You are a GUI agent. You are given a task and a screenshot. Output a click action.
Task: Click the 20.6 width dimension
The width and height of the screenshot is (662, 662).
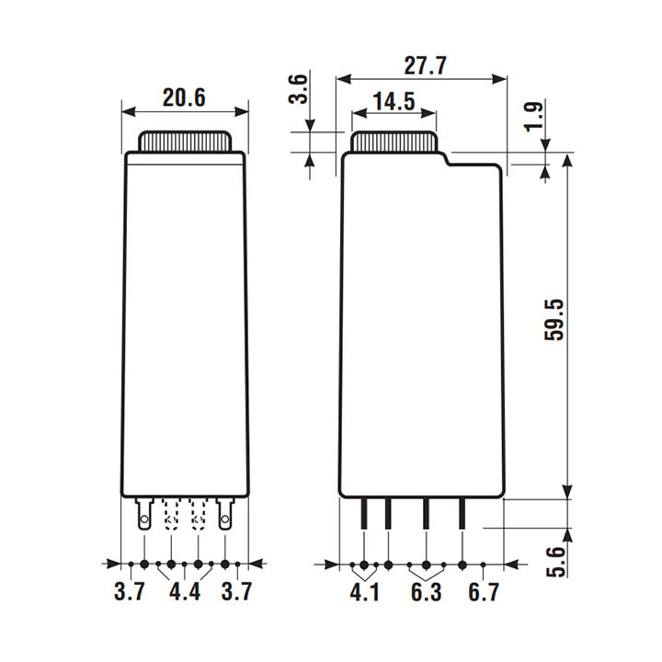point(184,97)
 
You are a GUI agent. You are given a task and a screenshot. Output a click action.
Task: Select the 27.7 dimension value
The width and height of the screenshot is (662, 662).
point(425,65)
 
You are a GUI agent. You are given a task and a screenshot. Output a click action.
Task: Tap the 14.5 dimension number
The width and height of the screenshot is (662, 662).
point(394,101)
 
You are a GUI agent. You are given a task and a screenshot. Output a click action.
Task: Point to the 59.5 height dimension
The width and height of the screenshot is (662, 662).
point(554,320)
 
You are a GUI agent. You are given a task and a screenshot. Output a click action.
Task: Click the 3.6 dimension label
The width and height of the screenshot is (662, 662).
point(298,88)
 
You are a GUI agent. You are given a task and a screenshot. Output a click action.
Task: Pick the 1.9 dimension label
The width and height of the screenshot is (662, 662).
point(534,117)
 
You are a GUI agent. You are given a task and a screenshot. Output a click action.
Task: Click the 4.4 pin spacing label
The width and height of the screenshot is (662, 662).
point(185,591)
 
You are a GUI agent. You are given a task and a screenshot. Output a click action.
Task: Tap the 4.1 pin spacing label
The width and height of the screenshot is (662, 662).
point(365,591)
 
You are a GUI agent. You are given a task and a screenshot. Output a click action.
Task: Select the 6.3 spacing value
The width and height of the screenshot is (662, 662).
point(426,591)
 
